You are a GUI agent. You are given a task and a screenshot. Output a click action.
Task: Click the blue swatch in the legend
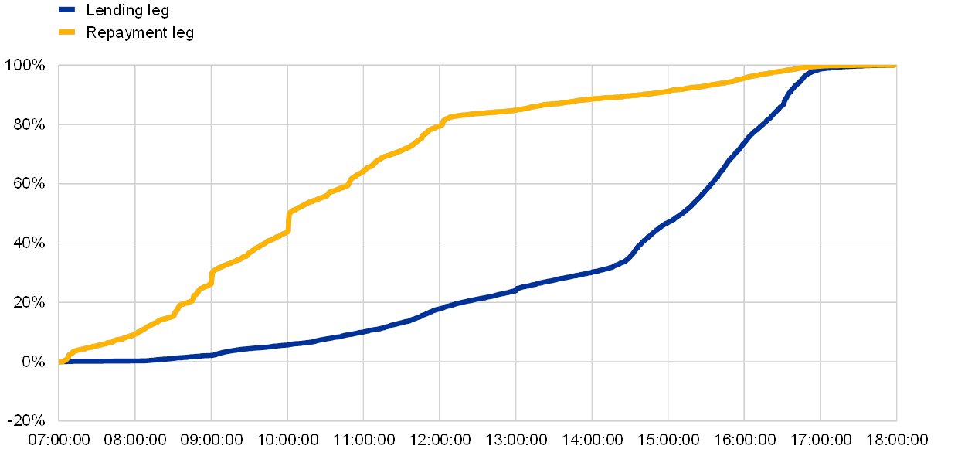(x=67, y=10)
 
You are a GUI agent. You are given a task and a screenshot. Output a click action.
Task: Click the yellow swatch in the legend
(x=67, y=32)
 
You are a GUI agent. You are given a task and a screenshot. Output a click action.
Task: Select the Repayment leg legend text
(x=140, y=32)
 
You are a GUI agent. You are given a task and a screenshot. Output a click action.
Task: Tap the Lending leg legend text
(x=128, y=11)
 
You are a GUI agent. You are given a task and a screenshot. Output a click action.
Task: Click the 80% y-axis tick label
(x=29, y=124)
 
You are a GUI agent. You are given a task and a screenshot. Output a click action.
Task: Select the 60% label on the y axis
(x=29, y=184)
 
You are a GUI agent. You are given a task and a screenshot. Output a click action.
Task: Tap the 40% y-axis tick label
(x=29, y=243)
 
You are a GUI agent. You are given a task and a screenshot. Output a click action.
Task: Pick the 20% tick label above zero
(x=29, y=302)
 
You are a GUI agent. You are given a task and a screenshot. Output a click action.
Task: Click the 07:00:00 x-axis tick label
(x=59, y=440)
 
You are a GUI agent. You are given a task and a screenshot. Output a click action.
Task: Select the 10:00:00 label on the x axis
(x=287, y=440)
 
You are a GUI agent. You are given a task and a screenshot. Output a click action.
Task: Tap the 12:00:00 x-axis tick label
(x=440, y=440)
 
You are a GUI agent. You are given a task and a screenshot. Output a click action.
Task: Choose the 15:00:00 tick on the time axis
(x=668, y=440)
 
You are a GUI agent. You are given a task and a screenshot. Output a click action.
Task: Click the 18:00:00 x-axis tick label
(x=896, y=440)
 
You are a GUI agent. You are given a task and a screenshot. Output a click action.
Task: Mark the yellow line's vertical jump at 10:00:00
(x=288, y=220)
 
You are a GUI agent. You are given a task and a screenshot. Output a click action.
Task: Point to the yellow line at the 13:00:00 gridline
(x=516, y=110)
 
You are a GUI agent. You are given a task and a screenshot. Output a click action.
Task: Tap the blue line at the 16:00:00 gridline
(x=744, y=142)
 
